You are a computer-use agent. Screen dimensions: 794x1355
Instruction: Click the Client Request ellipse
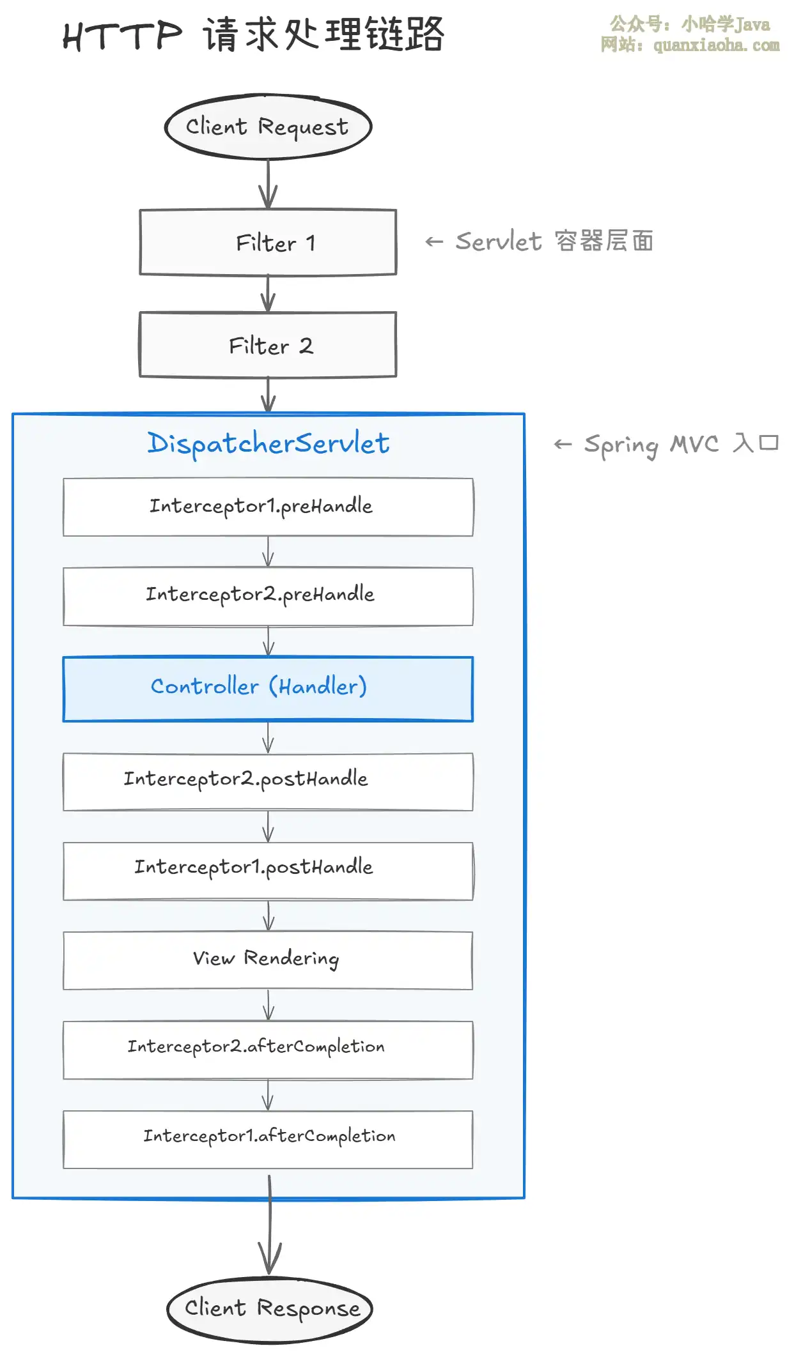point(269,126)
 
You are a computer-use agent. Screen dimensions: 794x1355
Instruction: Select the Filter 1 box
point(269,243)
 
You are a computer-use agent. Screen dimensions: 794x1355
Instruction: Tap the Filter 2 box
point(269,345)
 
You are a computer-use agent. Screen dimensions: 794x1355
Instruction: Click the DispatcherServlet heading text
point(269,443)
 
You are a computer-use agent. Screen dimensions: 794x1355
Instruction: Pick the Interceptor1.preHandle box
point(269,507)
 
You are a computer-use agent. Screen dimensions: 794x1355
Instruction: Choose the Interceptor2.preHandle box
point(269,596)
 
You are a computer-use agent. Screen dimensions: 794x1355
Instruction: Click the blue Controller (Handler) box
point(269,689)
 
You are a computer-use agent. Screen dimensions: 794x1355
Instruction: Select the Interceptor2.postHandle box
point(269,781)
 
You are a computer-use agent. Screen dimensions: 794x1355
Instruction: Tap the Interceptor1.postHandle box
point(269,871)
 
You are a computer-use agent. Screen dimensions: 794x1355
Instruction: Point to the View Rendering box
point(269,960)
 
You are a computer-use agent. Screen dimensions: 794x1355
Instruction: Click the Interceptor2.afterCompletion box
point(269,1050)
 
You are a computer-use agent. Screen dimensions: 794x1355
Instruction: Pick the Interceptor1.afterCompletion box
point(269,1139)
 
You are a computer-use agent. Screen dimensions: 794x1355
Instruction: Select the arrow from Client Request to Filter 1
point(269,184)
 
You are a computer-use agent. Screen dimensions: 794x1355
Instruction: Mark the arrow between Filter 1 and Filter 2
point(269,293)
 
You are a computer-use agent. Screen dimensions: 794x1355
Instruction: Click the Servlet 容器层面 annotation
point(540,241)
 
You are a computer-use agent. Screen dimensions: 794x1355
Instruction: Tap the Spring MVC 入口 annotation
point(666,444)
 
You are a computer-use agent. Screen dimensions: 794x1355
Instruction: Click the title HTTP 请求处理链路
point(253,34)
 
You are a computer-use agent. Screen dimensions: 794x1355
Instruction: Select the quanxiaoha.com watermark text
point(717,45)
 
